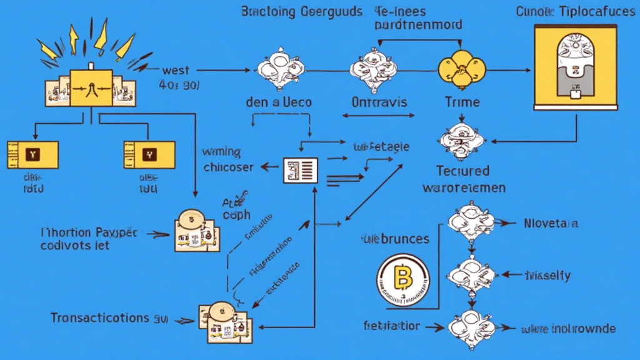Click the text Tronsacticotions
(x=99, y=317)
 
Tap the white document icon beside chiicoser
(x=301, y=169)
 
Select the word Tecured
(x=463, y=171)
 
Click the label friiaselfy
(x=547, y=275)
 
